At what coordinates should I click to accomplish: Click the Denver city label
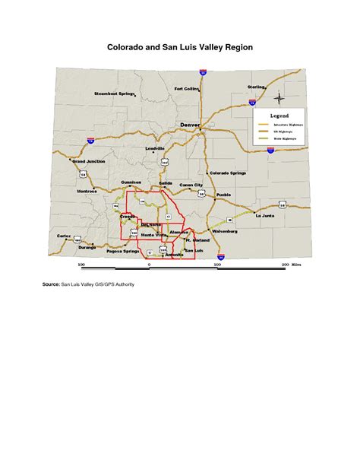click(190, 124)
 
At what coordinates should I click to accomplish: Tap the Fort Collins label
click(187, 89)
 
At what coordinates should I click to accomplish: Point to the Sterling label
click(257, 87)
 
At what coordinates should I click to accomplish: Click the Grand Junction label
click(88, 162)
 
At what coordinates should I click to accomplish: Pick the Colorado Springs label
click(228, 173)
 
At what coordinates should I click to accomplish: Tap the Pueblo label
click(223, 195)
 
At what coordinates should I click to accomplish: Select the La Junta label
click(264, 216)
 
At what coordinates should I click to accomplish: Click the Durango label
click(87, 247)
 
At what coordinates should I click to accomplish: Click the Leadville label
click(155, 147)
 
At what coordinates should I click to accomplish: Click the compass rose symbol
click(279, 98)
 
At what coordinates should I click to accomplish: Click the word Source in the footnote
click(51, 284)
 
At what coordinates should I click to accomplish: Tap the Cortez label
click(64, 236)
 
